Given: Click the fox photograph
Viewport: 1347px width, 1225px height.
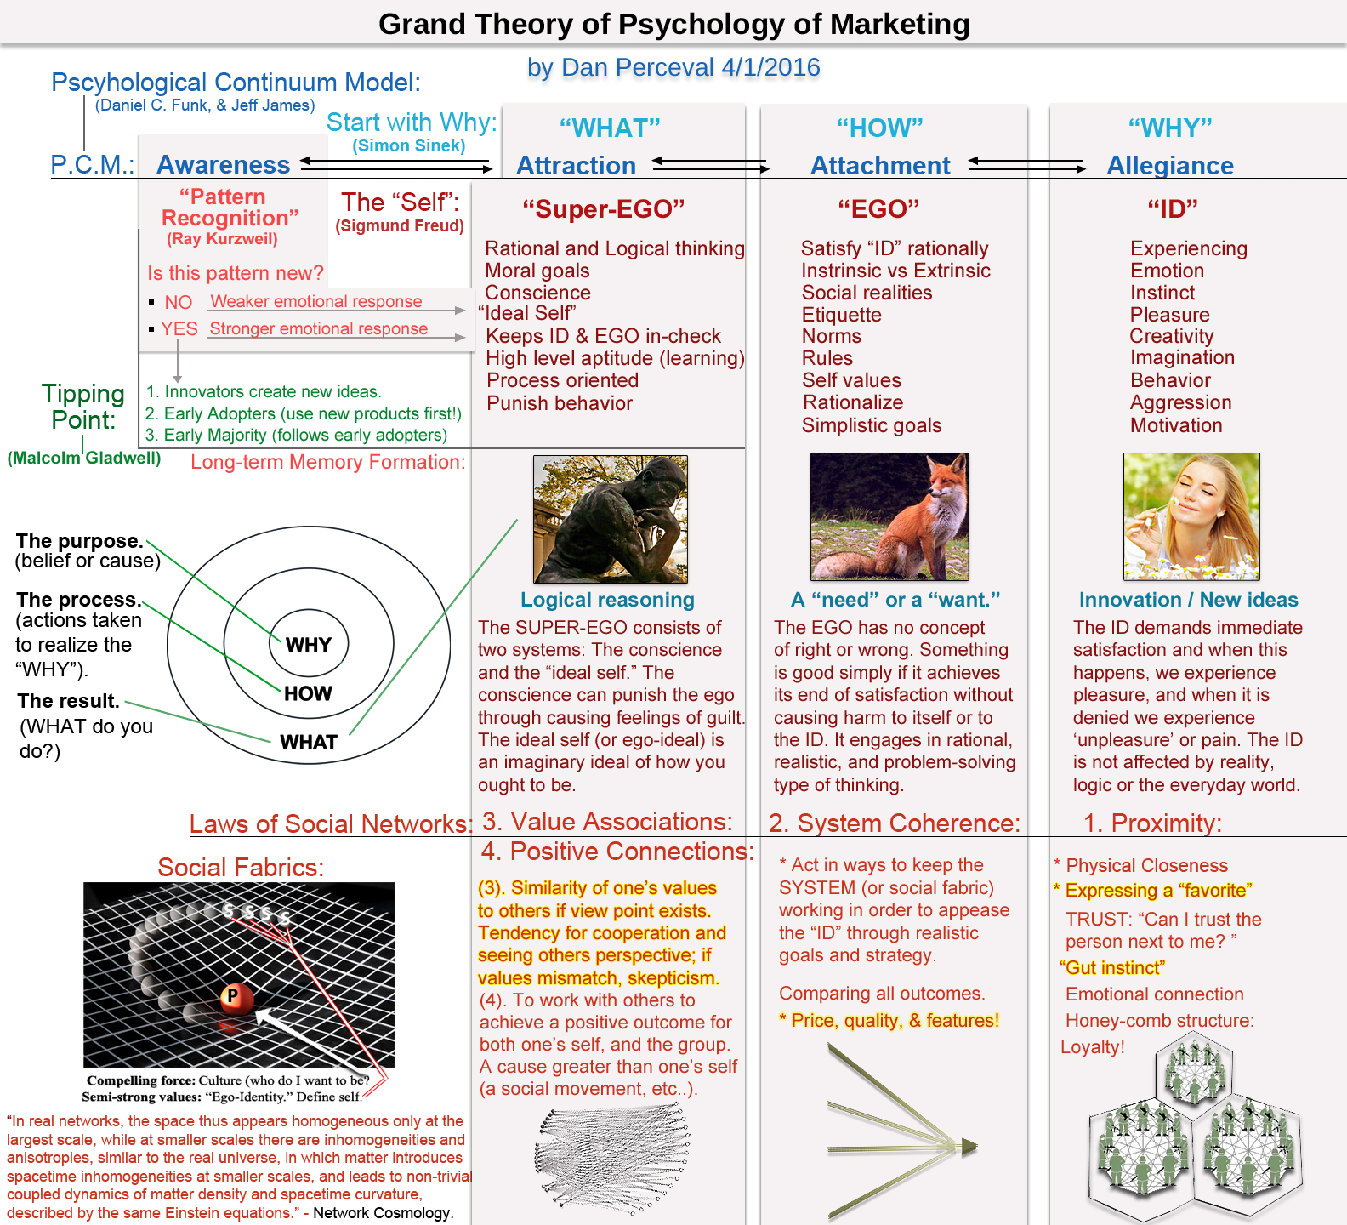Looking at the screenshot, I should coord(889,516).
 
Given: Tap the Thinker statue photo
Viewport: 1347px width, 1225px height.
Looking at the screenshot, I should coord(610,519).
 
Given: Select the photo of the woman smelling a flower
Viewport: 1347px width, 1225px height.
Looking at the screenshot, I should coord(1191,516).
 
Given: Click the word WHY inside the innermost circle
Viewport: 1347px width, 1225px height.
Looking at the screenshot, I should coord(308,645).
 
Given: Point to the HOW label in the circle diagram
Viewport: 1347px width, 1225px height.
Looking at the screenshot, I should coord(308,693).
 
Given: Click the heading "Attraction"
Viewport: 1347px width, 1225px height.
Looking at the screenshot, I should coord(576,165).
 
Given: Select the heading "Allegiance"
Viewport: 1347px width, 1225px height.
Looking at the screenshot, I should coord(1169,165).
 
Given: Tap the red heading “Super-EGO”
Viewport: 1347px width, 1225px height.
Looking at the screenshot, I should coord(603,208).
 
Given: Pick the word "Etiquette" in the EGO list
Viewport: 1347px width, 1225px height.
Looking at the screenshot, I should coord(841,315).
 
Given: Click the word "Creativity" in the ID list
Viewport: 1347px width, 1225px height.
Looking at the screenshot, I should coord(1171,336).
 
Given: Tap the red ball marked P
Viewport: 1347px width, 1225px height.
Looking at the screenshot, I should coord(232,996).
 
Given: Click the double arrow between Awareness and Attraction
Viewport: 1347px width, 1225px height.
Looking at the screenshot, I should coord(396,164).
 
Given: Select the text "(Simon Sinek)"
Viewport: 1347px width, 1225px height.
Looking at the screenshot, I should coord(408,145).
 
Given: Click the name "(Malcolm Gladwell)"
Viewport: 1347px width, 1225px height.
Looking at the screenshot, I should coord(84,458).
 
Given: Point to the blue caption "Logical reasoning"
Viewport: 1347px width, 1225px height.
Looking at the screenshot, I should coord(607,600).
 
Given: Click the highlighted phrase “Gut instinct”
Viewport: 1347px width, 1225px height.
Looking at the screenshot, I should coord(1112,967).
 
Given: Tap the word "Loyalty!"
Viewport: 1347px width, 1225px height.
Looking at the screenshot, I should coord(1092,1046).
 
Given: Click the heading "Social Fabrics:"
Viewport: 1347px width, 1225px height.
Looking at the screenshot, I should coord(241,867).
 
